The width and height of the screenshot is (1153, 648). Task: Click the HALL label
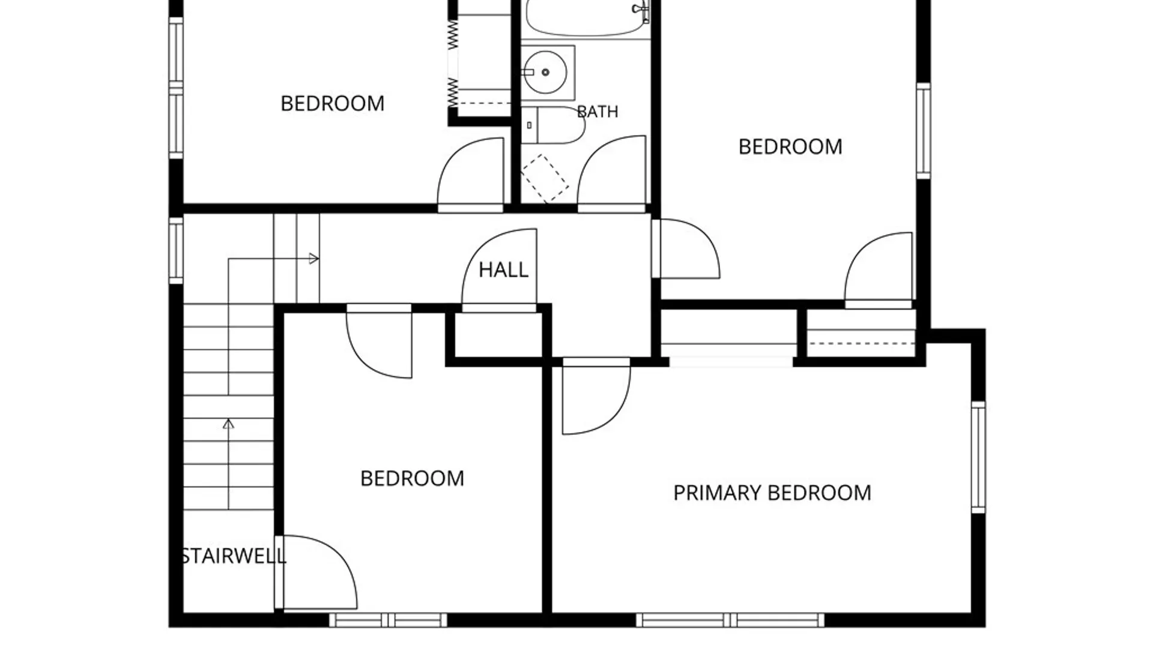pos(503,270)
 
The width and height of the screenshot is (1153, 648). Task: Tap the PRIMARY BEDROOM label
pos(772,493)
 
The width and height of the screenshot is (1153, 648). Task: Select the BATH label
pos(597,112)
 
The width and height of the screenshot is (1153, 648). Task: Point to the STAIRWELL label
pos(234,556)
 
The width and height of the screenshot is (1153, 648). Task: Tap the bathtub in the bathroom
pos(587,18)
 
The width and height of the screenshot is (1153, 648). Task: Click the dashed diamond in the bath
pos(544,178)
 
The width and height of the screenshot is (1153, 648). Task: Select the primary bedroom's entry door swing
pos(596,396)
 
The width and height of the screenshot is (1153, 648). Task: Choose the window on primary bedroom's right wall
pos(978,457)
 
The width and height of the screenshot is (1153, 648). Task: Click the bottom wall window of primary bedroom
pos(730,620)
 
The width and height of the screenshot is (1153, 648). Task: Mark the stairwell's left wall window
pos(175,250)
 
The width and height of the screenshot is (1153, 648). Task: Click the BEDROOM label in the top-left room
pos(332,103)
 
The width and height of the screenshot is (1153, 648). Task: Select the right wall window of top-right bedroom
pos(924,131)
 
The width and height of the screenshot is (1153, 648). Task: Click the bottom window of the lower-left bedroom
pos(388,620)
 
